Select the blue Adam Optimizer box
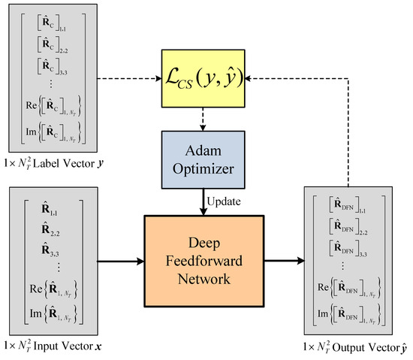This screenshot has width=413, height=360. (x=204, y=159)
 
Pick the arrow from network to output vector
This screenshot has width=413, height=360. (x=281, y=262)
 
